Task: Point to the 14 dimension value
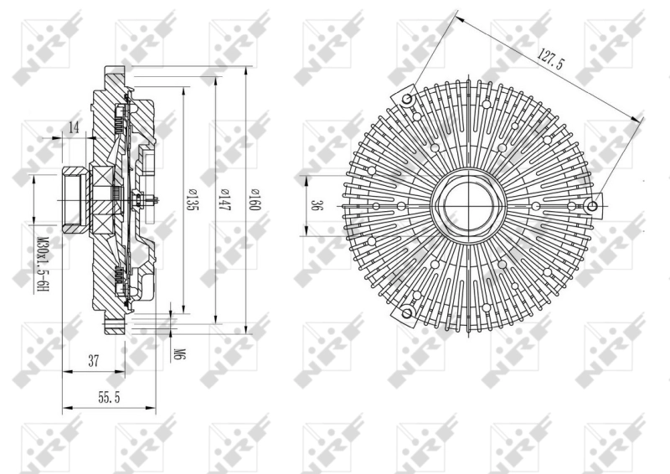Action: [74, 127]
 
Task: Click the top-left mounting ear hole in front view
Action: [408, 100]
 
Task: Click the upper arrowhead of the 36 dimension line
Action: [306, 178]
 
